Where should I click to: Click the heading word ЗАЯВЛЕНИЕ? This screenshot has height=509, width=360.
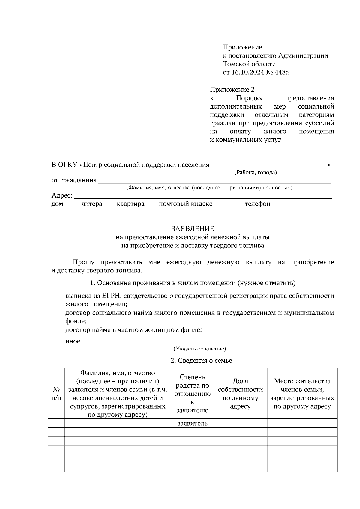(x=193, y=229)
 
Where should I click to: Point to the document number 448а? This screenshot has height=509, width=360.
(x=281, y=72)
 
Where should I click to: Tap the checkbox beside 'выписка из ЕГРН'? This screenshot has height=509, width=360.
(x=55, y=299)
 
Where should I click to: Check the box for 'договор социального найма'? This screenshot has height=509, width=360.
(x=55, y=317)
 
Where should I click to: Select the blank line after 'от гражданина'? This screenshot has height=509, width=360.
(x=214, y=180)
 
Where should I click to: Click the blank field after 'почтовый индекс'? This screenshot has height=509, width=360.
(x=228, y=204)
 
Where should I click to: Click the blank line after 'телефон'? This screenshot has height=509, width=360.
(x=303, y=204)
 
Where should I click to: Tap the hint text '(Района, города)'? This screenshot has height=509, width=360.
(x=255, y=172)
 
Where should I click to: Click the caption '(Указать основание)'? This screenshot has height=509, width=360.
(x=200, y=349)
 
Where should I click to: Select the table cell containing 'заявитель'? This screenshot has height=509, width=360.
(x=192, y=423)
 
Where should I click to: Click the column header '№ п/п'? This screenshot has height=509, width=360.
(x=56, y=394)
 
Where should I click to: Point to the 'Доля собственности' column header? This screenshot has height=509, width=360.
(x=240, y=394)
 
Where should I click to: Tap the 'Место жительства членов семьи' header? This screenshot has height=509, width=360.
(x=302, y=394)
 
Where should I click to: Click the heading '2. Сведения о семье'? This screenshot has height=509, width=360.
(x=201, y=361)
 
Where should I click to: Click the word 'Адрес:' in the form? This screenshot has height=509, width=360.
(x=62, y=196)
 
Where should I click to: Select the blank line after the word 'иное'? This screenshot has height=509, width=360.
(x=199, y=342)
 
